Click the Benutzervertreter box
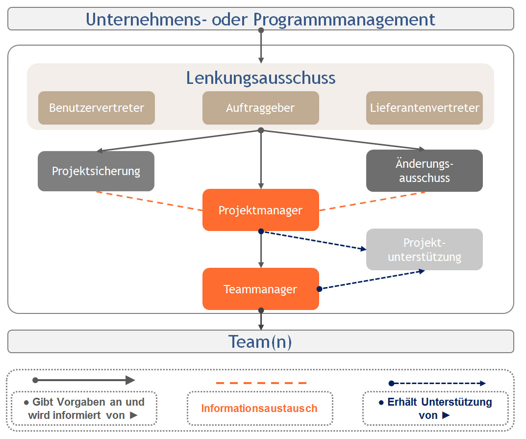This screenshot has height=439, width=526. click(x=97, y=108)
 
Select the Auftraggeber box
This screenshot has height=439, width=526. click(x=261, y=108)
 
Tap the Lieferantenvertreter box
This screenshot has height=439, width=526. click(x=425, y=108)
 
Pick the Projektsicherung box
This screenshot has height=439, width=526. click(x=96, y=171)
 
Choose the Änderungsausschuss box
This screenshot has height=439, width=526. click(x=425, y=171)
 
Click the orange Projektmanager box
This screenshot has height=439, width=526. click(x=261, y=210)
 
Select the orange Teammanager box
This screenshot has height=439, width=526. click(x=261, y=289)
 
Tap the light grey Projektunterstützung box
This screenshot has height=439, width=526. click(x=425, y=250)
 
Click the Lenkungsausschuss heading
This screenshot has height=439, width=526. click(x=261, y=78)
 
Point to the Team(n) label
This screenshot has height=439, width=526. click(x=260, y=341)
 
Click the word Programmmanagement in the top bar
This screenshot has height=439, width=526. click(x=344, y=19)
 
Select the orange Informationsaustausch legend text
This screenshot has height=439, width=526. click(x=259, y=408)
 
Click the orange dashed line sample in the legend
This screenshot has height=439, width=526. click(x=261, y=383)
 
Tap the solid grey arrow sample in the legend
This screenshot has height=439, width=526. click(x=83, y=380)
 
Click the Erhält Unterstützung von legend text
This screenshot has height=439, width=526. click(x=435, y=408)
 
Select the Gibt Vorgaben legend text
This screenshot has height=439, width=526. click(x=84, y=408)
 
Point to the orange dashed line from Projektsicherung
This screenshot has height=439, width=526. click(x=150, y=201)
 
